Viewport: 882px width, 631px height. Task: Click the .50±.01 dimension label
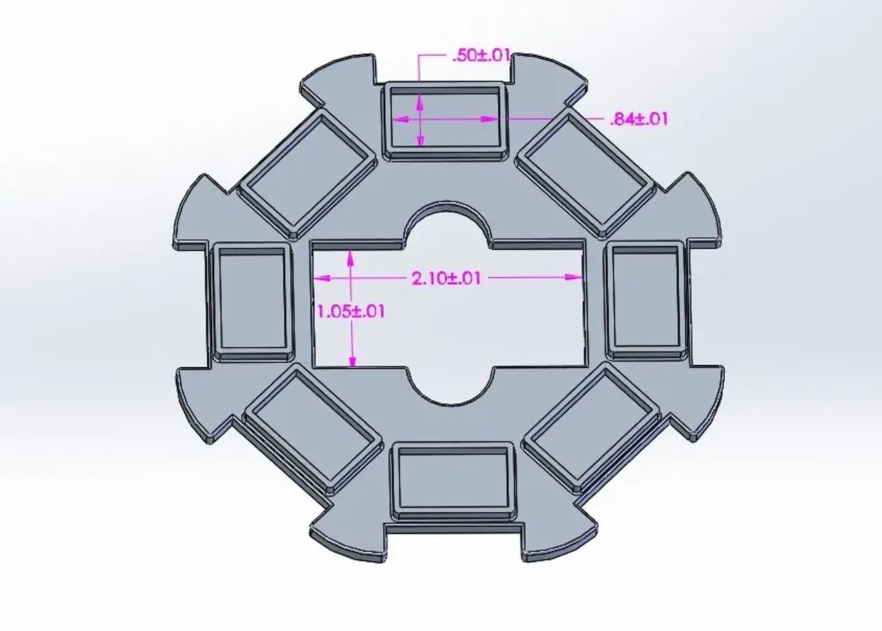(481, 57)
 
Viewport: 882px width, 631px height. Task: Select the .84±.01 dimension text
(639, 119)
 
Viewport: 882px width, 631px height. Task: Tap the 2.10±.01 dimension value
(446, 278)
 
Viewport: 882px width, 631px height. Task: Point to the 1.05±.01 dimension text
(351, 311)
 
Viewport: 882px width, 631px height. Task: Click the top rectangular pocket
(444, 118)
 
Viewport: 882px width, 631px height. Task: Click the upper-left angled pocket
(307, 172)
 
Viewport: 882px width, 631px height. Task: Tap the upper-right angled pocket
(586, 170)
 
